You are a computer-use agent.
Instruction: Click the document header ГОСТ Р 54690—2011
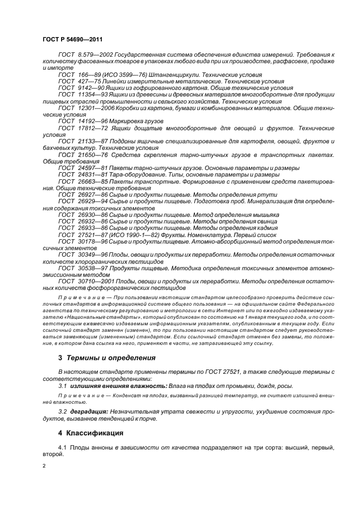coord(72,40)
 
